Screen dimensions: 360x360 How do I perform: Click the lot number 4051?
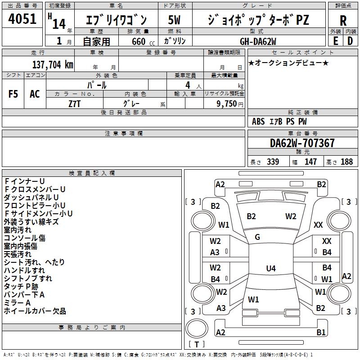22,19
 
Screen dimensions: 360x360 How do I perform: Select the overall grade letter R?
343,21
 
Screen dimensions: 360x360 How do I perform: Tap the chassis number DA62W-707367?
302,144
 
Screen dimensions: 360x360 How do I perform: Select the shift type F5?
13,94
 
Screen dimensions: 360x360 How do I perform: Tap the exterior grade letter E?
335,40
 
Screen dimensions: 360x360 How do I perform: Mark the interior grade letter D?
350,40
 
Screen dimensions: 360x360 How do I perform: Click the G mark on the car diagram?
257,237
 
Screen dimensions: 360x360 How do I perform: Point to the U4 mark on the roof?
270,269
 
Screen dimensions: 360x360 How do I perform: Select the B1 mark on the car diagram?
321,333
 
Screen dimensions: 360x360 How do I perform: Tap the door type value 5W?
175,20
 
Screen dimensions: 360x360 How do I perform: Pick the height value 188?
346,162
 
